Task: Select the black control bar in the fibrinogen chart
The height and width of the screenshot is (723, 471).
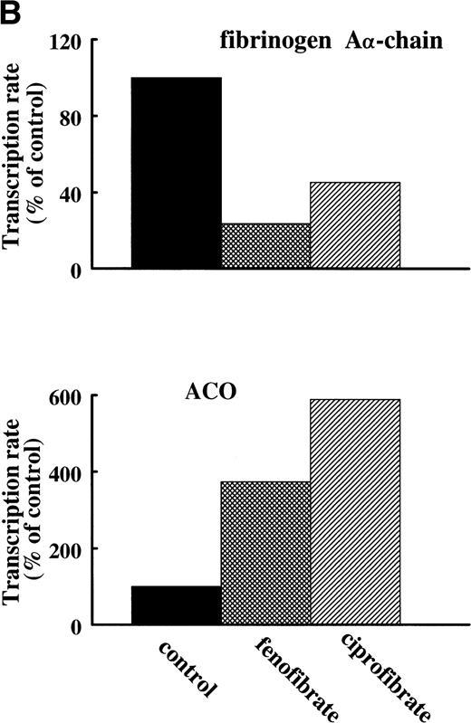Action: point(176,173)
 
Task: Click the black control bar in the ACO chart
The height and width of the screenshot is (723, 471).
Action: point(176,605)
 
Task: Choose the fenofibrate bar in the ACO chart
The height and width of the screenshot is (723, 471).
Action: point(265,553)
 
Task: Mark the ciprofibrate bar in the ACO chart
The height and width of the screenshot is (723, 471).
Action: point(354,512)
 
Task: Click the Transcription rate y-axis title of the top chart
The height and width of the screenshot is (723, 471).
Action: point(16,156)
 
